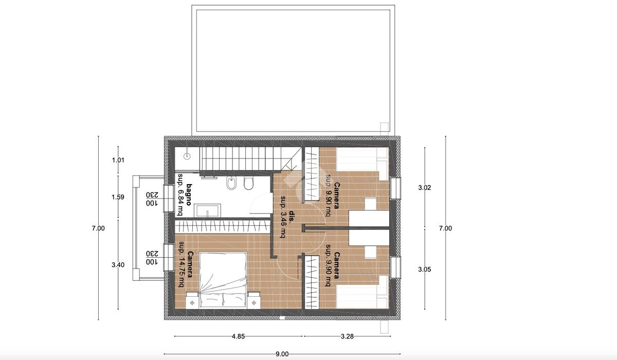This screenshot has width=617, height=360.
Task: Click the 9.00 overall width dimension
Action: pyautogui.click(x=282, y=354)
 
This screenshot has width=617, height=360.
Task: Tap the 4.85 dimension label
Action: pyautogui.click(x=238, y=336)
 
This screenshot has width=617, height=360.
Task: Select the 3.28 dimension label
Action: pyautogui.click(x=347, y=336)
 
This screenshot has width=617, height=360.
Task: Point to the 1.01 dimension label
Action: pyautogui.click(x=118, y=160)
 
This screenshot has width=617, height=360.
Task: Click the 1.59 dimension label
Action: pyautogui.click(x=118, y=197)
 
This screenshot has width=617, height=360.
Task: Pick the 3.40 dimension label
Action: pyautogui.click(x=118, y=265)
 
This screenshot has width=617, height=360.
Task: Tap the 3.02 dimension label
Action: pyautogui.click(x=425, y=188)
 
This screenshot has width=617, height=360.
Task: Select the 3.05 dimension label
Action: pyautogui.click(x=425, y=269)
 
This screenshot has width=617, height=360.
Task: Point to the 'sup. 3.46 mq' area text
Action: pyautogui.click(x=283, y=217)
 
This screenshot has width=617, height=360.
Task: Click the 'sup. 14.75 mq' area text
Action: pyautogui.click(x=181, y=264)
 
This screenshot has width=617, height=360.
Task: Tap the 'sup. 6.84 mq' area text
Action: pyautogui.click(x=180, y=194)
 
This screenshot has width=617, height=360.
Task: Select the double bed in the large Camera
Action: pyautogui.click(x=223, y=280)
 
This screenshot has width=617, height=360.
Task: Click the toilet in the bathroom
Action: pyautogui.click(x=248, y=184)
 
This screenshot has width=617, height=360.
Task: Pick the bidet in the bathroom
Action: pyautogui.click(x=231, y=183)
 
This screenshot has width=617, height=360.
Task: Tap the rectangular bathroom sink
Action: pyautogui.click(x=207, y=211)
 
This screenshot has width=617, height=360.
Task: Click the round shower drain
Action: pyautogui.click(x=187, y=156)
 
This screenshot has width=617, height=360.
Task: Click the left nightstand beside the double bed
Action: pyautogui.click(x=192, y=300)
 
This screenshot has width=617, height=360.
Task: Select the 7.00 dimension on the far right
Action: pyautogui.click(x=445, y=228)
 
